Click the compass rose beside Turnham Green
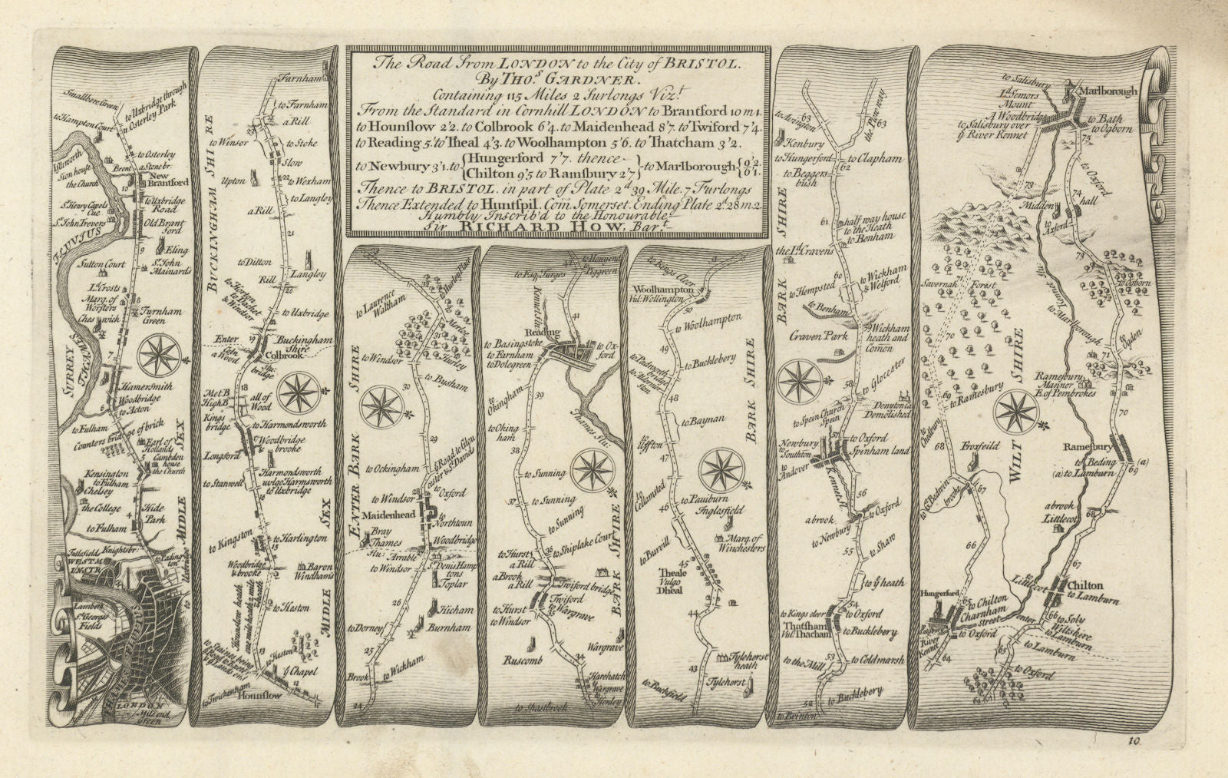160,357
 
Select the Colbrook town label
278,356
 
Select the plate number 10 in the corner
1134,741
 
